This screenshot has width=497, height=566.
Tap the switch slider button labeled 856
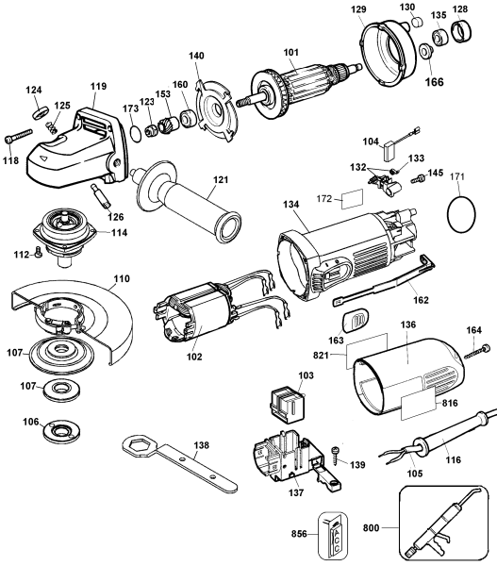pos(335,534)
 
